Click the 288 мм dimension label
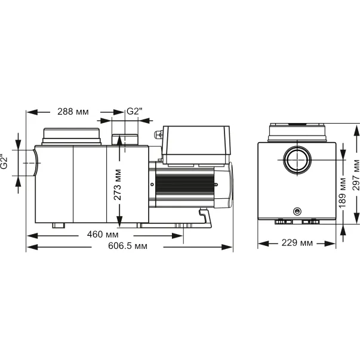click(x=72, y=112)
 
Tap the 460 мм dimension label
click(x=103, y=235)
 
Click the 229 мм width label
click(x=297, y=243)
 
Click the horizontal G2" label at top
click(x=135, y=112)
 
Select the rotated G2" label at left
click(x=5, y=161)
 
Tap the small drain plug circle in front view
click(x=296, y=211)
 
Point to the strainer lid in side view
click(x=70, y=136)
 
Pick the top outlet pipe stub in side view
click(x=122, y=140)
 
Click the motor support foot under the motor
click(x=205, y=217)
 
